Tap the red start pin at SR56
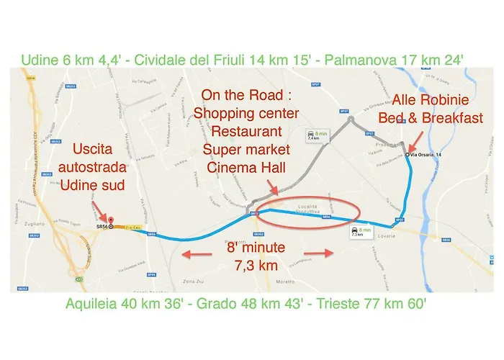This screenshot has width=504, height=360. (110, 225)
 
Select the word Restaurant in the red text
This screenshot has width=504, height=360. (235, 132)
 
